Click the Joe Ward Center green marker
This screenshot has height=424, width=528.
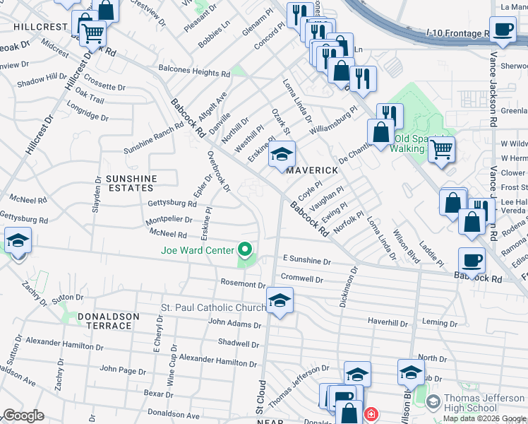click(246, 249)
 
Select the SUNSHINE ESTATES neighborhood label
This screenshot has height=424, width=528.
click(131, 183)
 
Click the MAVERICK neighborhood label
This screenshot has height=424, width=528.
click(307, 170)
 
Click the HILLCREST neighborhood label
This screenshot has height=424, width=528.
click(39, 26)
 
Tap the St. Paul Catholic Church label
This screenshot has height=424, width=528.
click(212, 307)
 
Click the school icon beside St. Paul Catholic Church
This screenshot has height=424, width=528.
click(280, 301)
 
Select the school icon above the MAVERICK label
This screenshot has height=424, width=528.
click(282, 155)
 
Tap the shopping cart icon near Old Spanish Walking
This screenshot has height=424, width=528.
click(441, 150)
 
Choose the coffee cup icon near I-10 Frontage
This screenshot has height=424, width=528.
click(503, 30)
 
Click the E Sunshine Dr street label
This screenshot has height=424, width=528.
click(307, 261)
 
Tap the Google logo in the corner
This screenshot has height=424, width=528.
click(23, 415)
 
